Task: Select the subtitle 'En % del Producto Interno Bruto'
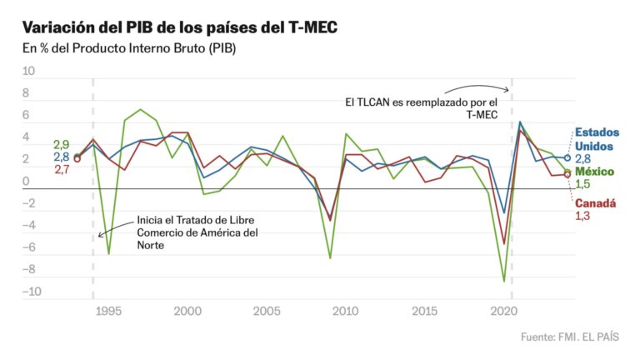(129, 49)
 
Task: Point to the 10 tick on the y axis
(28, 72)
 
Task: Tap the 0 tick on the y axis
(26, 182)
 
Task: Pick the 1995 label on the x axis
(108, 311)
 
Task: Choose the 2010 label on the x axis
(346, 311)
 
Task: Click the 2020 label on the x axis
(503, 311)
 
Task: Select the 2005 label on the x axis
(267, 311)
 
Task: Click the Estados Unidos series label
(597, 139)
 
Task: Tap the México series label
(596, 171)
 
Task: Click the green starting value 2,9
(61, 144)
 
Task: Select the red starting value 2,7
(61, 169)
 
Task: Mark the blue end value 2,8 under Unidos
(582, 158)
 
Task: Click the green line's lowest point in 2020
(504, 282)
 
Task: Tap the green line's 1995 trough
(108, 253)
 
